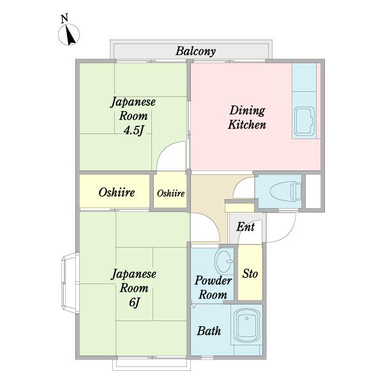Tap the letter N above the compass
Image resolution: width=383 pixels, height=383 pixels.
pos(64,19)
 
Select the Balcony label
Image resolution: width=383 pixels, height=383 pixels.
pos(196,52)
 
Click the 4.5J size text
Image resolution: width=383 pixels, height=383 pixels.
pos(133,130)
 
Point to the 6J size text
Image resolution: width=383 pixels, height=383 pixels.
pos(134,303)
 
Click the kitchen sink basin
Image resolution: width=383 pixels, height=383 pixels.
pos(304,121)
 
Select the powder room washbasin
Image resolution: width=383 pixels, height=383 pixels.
pos(223,261)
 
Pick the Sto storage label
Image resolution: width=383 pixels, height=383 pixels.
pos(250,274)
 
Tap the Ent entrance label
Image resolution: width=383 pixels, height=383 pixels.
pos(246,227)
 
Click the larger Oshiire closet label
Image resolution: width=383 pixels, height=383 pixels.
pos(117,193)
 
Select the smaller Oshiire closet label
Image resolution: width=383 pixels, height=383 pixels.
pos(170,193)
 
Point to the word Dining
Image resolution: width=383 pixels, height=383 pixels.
pos(247,110)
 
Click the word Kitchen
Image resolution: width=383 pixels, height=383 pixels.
pos(247,125)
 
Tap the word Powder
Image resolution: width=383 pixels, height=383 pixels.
pos(213,280)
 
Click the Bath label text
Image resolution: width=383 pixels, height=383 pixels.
pos(209,331)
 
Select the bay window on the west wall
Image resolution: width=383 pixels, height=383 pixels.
pos(70,283)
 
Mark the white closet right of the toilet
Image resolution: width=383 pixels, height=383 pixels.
pos(313,191)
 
